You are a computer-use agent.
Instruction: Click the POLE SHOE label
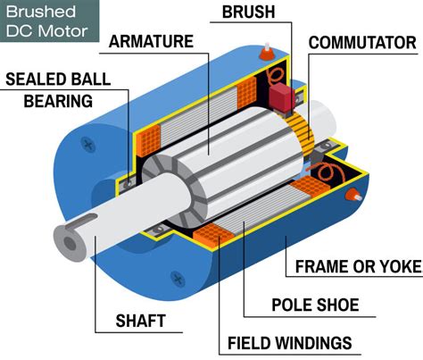tap(314, 306)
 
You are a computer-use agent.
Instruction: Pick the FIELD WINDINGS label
tap(289, 343)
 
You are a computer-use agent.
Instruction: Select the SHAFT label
tap(145, 320)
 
